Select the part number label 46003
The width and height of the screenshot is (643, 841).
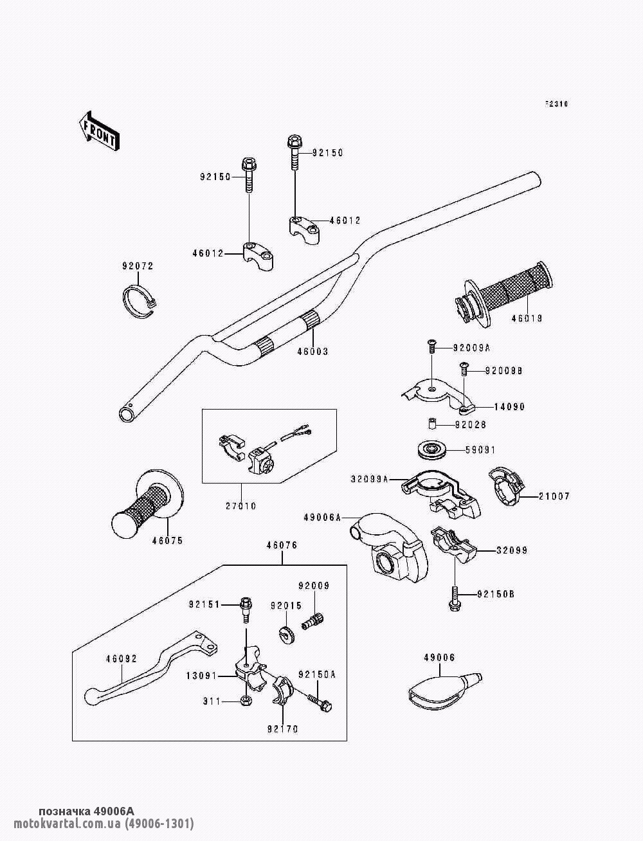312,352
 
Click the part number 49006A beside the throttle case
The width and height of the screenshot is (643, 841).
323,516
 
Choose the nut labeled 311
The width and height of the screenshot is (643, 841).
246,700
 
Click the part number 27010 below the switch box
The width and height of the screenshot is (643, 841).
240,506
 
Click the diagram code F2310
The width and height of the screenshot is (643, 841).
557,104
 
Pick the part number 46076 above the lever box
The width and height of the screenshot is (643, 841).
281,545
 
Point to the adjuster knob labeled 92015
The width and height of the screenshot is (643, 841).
286,633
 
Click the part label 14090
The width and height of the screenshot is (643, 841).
509,407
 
